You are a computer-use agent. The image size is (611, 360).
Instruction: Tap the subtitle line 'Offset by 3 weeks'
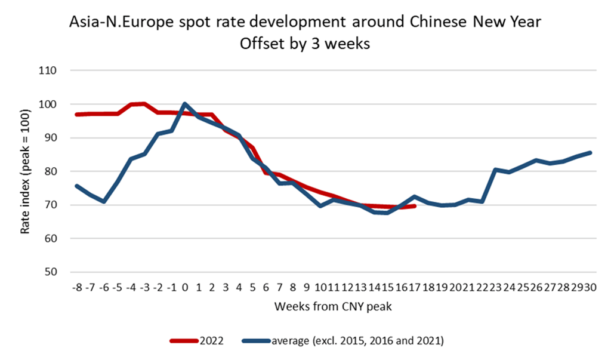point(305,44)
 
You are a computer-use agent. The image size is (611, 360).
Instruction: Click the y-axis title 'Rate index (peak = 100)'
point(24,171)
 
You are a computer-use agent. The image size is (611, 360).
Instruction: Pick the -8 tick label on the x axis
point(77,287)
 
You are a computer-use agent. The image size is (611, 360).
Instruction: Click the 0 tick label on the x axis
point(185,287)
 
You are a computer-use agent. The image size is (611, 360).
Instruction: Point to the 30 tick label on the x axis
point(590,287)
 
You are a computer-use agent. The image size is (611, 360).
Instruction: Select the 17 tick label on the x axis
point(415,287)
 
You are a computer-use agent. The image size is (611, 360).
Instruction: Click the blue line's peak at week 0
point(185,104)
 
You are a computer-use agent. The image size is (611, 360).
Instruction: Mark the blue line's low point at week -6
point(104,202)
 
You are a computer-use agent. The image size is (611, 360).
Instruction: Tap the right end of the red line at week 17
point(415,206)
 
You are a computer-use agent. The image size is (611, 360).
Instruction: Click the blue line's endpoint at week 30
point(590,153)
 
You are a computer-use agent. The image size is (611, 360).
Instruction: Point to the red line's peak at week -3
point(144,104)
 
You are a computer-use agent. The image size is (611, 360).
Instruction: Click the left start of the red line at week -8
point(77,115)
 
